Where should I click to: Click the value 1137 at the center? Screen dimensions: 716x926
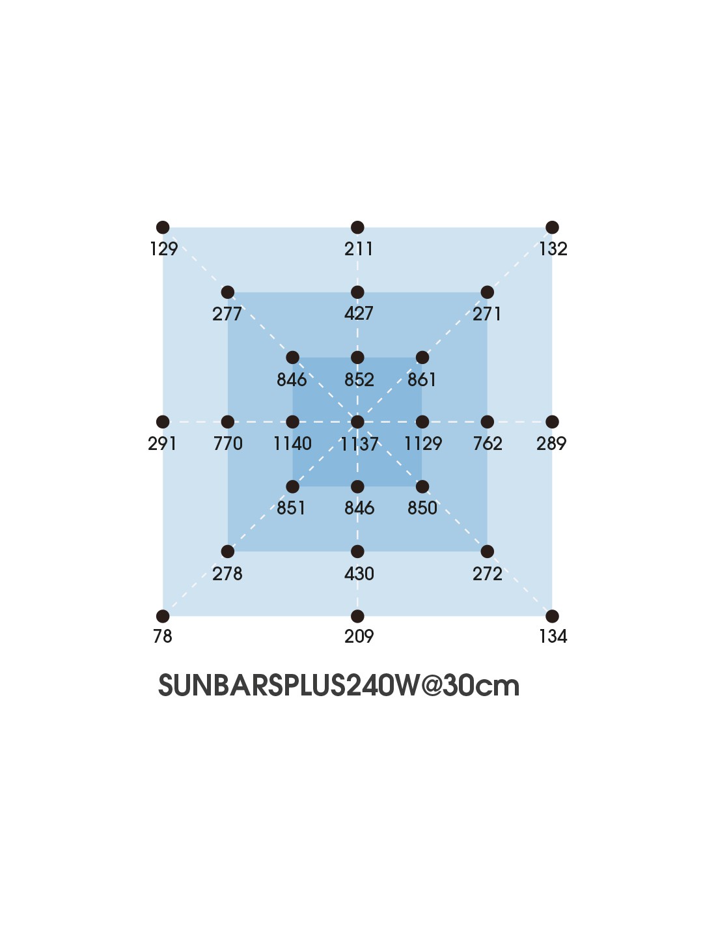(x=359, y=444)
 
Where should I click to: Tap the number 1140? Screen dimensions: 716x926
(x=292, y=443)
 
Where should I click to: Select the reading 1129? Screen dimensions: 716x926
(x=422, y=443)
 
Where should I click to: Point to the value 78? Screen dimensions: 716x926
(x=162, y=636)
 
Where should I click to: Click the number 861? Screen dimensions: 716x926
(x=422, y=379)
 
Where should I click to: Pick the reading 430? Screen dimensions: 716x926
(x=359, y=574)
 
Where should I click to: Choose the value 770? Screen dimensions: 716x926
(x=228, y=443)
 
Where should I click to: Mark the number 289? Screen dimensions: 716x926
(x=551, y=443)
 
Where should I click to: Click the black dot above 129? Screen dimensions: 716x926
(x=163, y=227)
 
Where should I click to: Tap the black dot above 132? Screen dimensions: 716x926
(x=552, y=227)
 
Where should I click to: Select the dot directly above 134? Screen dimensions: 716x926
(x=552, y=616)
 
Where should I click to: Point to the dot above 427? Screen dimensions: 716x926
(x=357, y=292)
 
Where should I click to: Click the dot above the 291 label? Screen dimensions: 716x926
(x=163, y=422)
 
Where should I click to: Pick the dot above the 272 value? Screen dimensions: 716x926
(x=488, y=552)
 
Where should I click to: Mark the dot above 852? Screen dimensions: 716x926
(x=357, y=357)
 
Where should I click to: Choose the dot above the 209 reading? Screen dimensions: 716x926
(x=357, y=616)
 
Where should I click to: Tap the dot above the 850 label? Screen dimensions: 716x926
(x=422, y=486)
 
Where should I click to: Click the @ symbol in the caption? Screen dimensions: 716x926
(x=431, y=685)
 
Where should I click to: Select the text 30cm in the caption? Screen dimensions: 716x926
(x=481, y=685)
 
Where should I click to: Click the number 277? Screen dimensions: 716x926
(x=227, y=314)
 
